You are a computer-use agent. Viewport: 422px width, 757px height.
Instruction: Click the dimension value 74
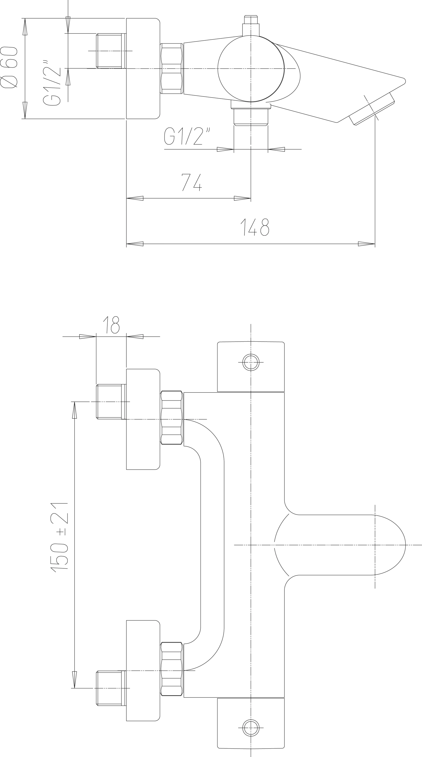[x=192, y=182]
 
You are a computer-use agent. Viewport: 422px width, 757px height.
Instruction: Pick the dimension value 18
[x=111, y=325]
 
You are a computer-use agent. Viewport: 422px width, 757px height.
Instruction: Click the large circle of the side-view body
[x=251, y=69]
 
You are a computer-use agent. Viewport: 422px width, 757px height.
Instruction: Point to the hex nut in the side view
[x=172, y=69]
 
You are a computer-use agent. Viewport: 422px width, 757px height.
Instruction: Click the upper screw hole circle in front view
[x=251, y=362]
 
